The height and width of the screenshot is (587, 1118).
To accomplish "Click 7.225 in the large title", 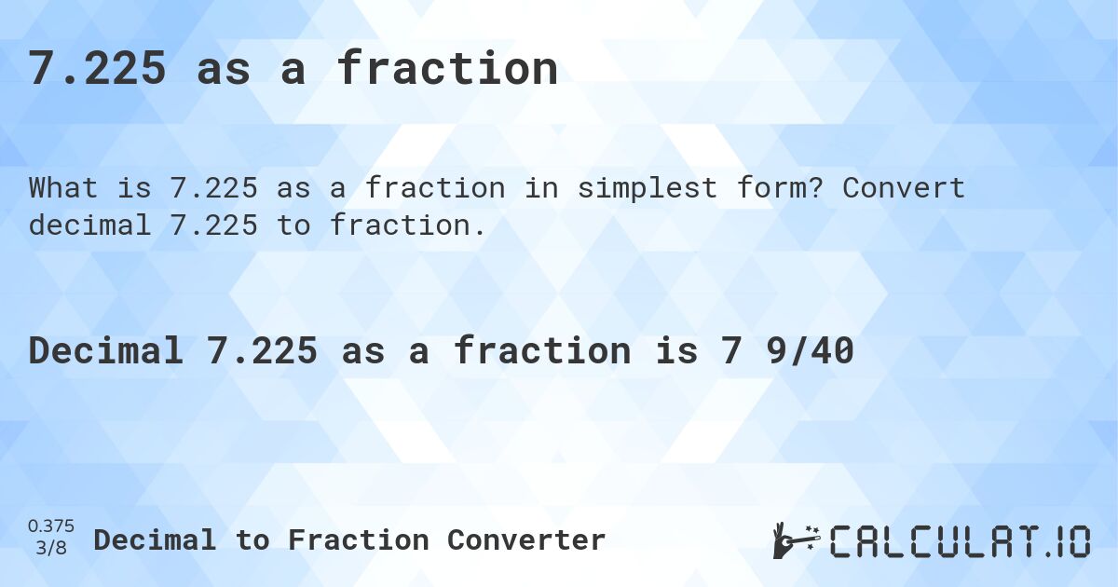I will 98,69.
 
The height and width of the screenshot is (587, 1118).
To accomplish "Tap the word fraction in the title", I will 447,69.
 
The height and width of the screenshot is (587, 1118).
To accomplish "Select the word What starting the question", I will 63,188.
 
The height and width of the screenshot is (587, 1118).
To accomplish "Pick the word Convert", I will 904,188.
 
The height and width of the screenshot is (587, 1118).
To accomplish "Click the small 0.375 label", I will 52,527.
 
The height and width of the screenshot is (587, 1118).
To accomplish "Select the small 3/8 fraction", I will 52,548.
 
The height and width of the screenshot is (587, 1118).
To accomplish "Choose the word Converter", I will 526,540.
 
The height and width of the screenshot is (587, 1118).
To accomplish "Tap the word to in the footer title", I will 253,540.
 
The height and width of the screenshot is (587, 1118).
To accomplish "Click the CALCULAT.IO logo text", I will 960,541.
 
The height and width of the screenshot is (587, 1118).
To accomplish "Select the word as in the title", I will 224,69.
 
